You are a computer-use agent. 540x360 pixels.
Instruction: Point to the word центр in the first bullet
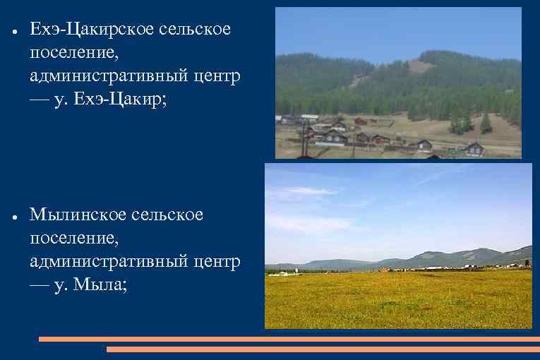pos(217,76)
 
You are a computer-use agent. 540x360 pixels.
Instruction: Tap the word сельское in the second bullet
pos(169,215)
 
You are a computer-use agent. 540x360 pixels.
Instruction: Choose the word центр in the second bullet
pos(217,261)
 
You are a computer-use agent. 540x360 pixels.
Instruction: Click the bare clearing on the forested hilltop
pos(421,65)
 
